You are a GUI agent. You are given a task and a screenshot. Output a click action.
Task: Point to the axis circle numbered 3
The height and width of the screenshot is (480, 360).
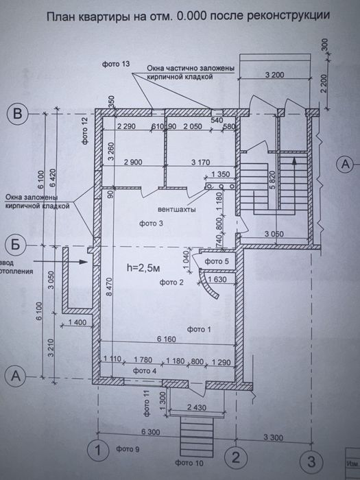pos(313,460)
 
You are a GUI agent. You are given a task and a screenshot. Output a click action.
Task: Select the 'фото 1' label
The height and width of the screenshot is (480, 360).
pos(195,330)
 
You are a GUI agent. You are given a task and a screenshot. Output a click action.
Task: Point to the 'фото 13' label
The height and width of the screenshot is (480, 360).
pos(116,64)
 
